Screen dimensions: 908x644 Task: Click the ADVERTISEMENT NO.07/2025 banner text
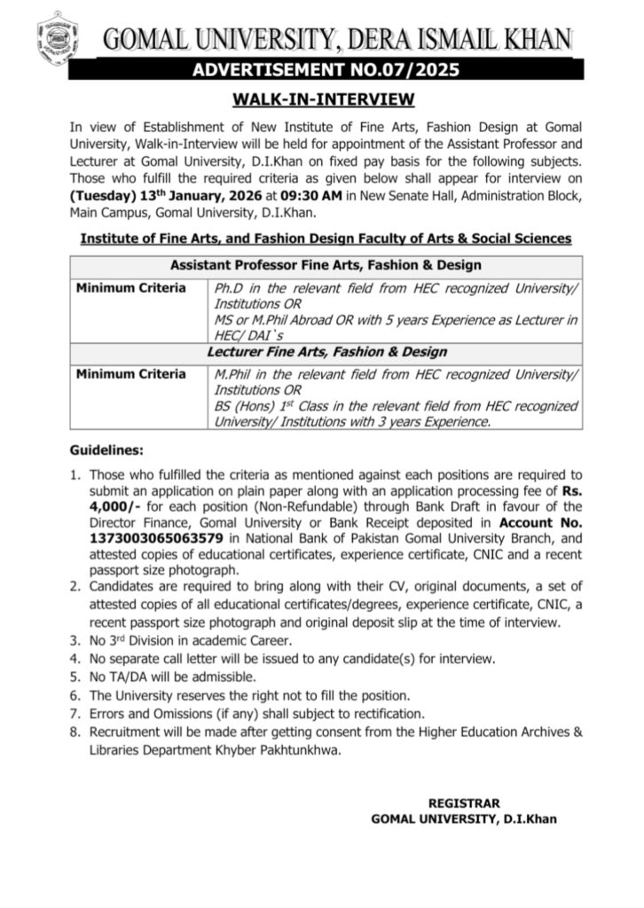pyautogui.click(x=322, y=69)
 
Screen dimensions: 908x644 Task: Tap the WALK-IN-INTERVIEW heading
pyautogui.click(x=322, y=98)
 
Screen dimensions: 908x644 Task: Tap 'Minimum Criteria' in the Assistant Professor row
pyautogui.click(x=130, y=288)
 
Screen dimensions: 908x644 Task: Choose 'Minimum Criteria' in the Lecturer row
pyautogui.click(x=130, y=374)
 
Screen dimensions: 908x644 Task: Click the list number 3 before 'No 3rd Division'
pyautogui.click(x=76, y=639)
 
